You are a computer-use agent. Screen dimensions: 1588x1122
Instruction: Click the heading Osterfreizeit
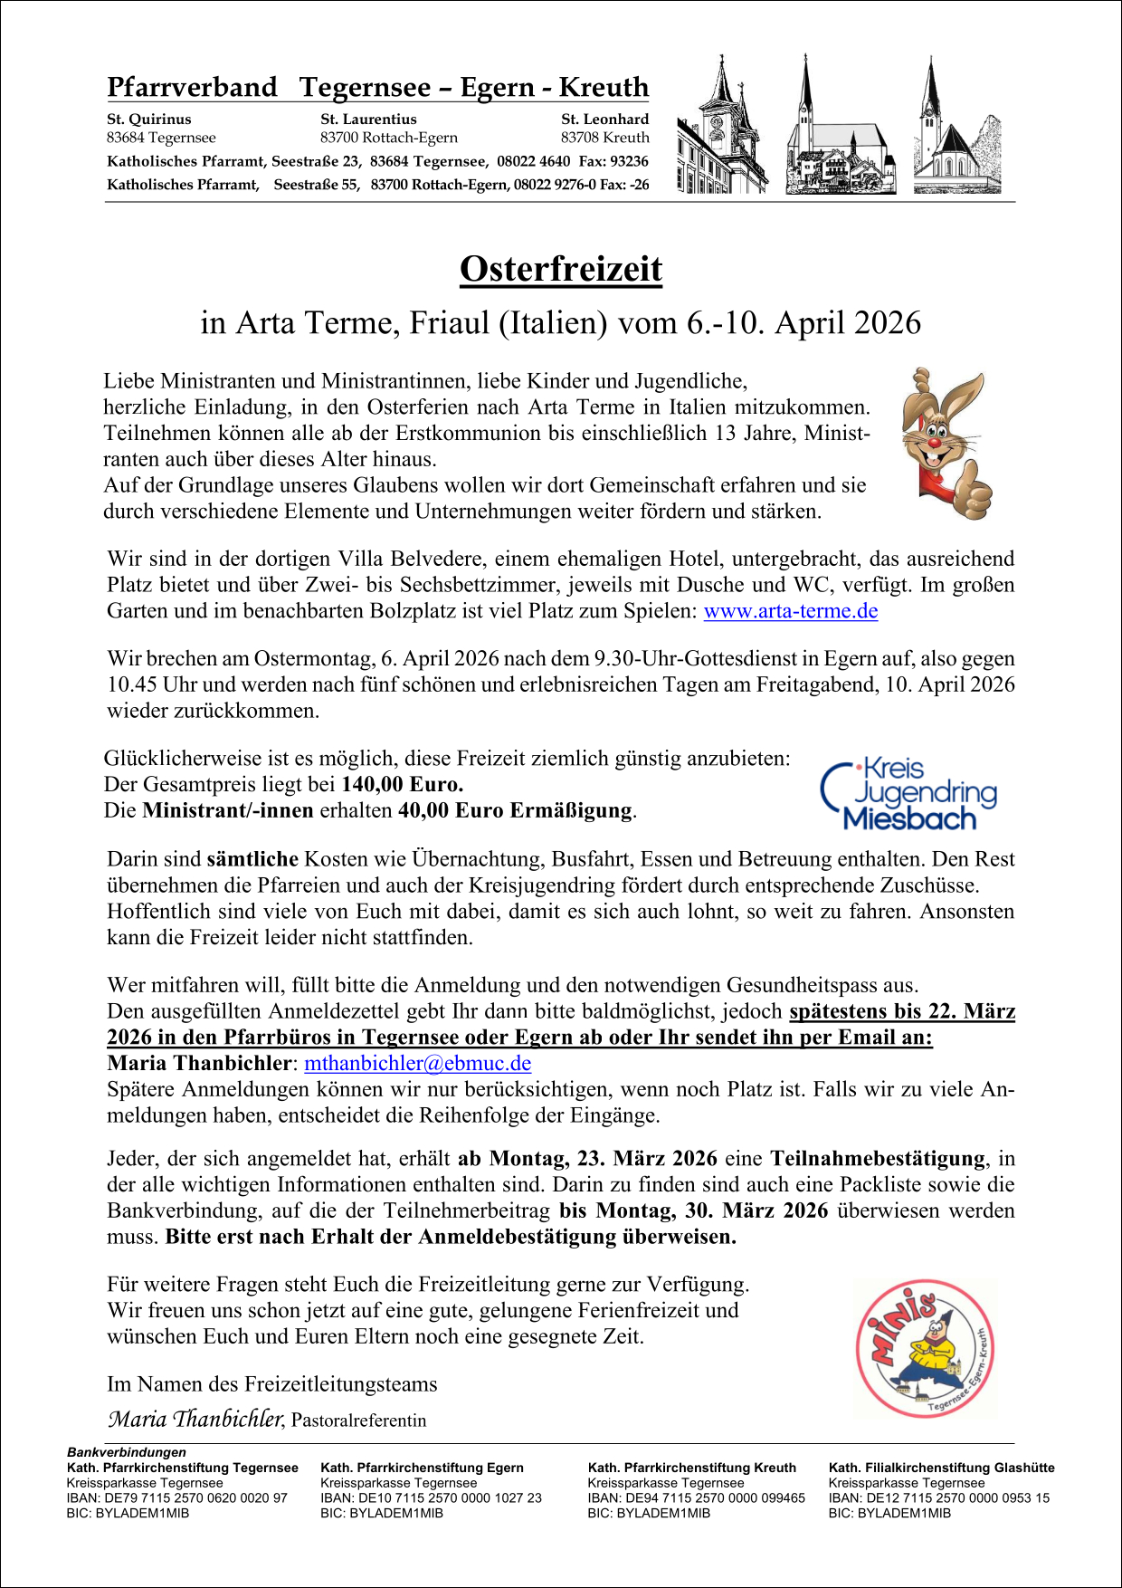561,269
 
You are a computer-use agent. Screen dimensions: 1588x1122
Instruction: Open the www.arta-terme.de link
790,611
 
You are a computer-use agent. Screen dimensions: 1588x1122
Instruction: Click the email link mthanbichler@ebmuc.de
417,1063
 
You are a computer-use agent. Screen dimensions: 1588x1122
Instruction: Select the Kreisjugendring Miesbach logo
908,794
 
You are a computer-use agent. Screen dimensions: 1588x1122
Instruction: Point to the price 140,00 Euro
402,784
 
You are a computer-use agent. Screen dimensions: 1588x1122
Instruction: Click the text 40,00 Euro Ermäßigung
516,810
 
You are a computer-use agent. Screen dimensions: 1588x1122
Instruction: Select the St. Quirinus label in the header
149,120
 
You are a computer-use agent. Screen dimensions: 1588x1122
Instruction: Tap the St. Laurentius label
368,120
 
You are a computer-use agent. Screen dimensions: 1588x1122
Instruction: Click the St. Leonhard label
604,120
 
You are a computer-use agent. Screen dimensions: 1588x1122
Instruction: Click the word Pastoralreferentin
359,1421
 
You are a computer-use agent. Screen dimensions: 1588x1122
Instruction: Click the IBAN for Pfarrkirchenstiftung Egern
431,1498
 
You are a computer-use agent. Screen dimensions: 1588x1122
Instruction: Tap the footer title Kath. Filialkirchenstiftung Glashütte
941,1468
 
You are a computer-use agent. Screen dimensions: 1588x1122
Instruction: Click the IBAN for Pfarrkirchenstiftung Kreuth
696,1498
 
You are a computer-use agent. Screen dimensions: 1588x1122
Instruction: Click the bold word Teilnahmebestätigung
877,1159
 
